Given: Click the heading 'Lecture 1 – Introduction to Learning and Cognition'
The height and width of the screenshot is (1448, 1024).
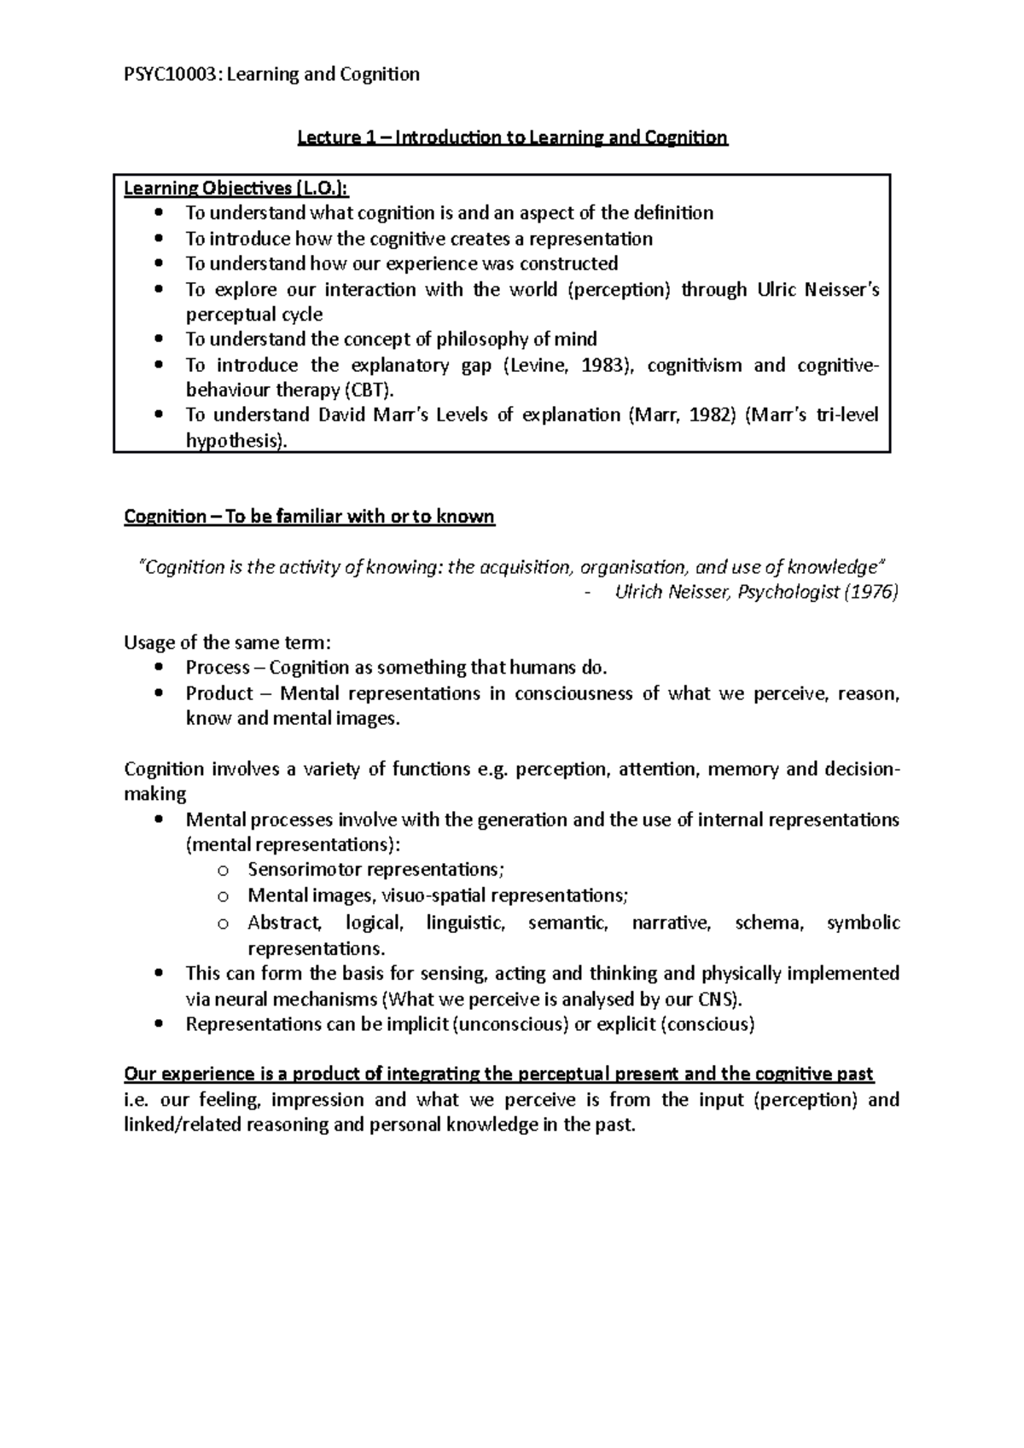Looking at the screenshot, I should click(x=512, y=137).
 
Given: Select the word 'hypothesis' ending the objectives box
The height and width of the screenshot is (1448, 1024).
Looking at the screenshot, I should click(x=232, y=441).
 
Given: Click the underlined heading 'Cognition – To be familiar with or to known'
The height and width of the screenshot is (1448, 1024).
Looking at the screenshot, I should click(x=309, y=517).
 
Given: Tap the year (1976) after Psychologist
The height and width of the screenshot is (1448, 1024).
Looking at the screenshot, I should click(x=870, y=593).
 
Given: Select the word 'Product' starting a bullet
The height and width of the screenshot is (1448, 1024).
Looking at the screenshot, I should click(x=219, y=693).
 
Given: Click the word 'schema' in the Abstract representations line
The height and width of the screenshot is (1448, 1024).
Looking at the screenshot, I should click(x=768, y=923).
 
